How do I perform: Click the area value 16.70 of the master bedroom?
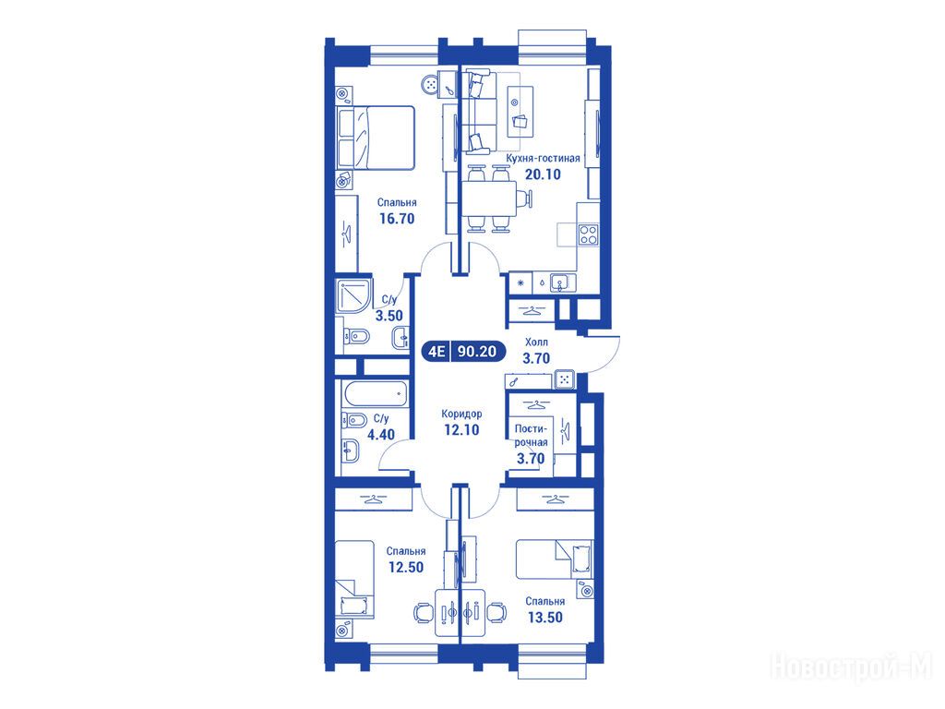click(x=397, y=218)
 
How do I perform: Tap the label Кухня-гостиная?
click(x=543, y=158)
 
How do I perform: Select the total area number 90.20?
click(x=477, y=351)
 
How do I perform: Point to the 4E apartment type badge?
click(x=437, y=351)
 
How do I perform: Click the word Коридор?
click(x=461, y=414)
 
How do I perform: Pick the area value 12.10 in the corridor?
click(x=461, y=430)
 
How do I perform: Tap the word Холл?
click(x=536, y=342)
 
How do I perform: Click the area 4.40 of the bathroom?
click(x=381, y=434)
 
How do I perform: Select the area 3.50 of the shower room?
click(x=389, y=316)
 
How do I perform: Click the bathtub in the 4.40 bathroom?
click(x=375, y=394)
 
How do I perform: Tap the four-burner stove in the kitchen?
click(x=588, y=234)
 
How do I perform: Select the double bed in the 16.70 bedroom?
click(x=377, y=138)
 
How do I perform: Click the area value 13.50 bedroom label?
click(x=545, y=618)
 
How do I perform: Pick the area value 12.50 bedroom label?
click(x=406, y=567)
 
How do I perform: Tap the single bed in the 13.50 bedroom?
click(x=555, y=559)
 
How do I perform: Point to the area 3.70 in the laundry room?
click(x=531, y=458)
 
